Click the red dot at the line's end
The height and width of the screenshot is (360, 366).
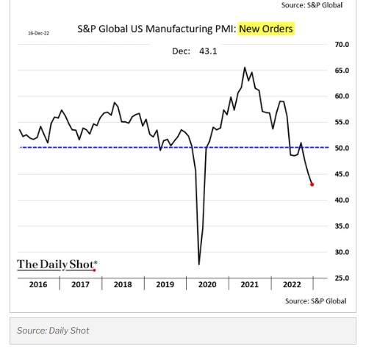pos(312,184)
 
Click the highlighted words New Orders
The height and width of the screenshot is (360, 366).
pos(265,29)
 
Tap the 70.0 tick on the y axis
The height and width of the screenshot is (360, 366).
pos(341,45)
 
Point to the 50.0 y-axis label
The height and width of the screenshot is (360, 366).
pos(341,148)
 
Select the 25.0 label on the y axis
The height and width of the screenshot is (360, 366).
pos(341,278)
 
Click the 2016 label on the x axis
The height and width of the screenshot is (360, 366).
pos(38,284)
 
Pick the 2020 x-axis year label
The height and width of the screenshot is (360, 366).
pos(208,284)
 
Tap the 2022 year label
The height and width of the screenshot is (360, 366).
pos(292,284)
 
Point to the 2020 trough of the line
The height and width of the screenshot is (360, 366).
pos(199,264)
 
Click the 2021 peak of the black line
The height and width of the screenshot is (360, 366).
pos(245,68)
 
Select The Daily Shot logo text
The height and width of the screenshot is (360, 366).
pos(57,264)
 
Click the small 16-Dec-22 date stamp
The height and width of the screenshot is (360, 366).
pos(38,33)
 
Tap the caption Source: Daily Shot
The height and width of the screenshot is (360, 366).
pos(53,331)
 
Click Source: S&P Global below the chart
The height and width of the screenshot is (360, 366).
pos(315,301)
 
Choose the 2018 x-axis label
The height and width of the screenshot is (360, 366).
pos(123,284)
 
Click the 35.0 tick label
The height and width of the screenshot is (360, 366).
pos(341,226)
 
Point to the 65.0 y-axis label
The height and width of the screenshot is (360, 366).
pos(341,71)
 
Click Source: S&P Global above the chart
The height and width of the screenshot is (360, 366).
pos(312,5)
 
